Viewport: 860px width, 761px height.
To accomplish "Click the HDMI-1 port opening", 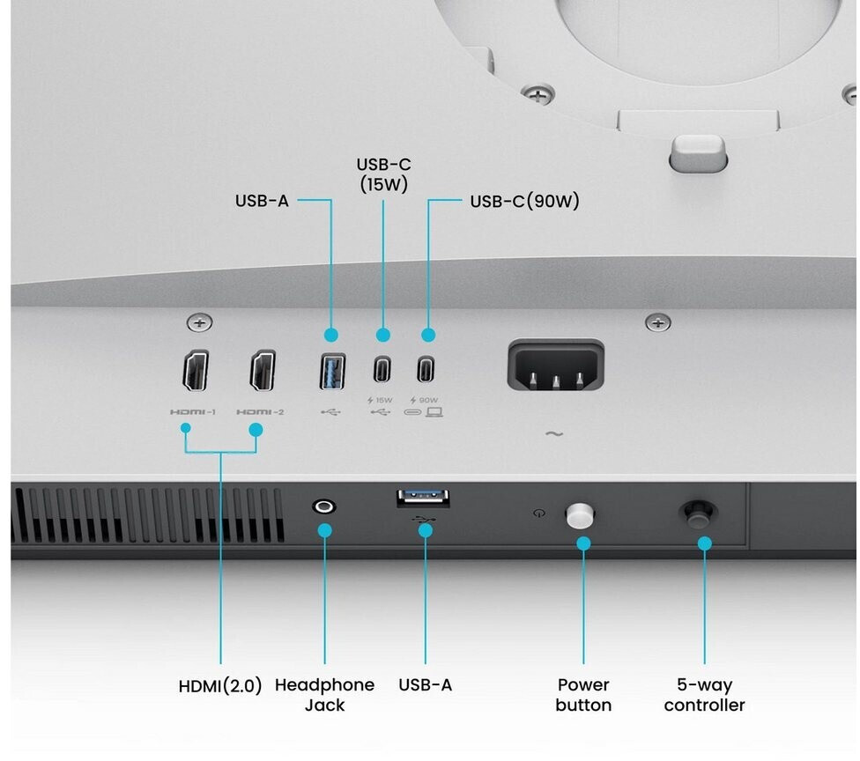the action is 196,371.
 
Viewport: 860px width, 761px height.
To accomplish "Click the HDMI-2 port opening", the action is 263,371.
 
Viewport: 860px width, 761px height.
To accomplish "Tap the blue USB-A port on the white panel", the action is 332,371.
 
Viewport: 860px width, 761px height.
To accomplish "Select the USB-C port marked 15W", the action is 382,369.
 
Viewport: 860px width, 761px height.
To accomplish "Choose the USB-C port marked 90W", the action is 426,369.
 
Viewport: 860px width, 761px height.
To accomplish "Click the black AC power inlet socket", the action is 556,366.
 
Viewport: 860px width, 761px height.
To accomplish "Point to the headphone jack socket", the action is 324,506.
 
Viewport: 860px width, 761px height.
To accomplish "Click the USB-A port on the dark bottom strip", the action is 423,499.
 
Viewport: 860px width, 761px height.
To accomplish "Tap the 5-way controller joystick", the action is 698,514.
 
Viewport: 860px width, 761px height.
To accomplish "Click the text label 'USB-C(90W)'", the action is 524,201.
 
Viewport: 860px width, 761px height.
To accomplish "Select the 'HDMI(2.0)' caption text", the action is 220,686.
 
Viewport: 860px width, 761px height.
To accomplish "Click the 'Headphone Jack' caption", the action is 324,695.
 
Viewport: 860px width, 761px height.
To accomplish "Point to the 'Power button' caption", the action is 583,695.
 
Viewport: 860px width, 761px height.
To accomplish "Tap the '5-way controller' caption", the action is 704,695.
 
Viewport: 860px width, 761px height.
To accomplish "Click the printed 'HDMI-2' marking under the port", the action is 260,412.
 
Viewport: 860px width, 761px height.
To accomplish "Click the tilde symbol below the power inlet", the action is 554,434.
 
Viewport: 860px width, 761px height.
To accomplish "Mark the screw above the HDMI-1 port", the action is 200,323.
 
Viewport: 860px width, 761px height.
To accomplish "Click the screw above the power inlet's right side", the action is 657,323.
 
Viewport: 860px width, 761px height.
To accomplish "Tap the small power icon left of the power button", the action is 539,513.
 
